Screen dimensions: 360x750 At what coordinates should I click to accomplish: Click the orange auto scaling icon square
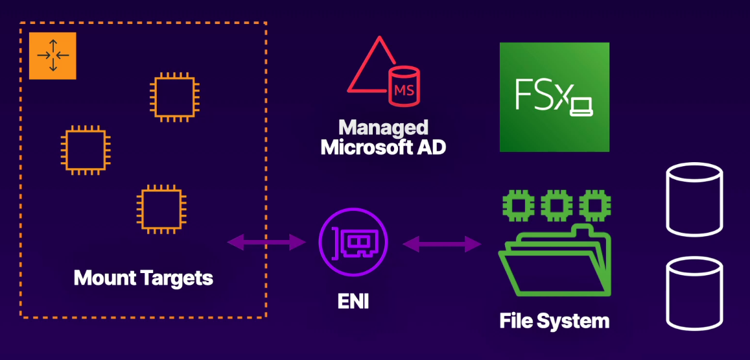(53, 56)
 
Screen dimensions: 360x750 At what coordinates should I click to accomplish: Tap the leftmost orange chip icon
(85, 150)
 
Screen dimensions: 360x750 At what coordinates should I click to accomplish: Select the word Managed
(383, 126)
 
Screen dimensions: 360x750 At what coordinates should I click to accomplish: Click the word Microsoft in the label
(366, 147)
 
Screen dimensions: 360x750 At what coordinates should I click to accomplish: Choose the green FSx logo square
(554, 97)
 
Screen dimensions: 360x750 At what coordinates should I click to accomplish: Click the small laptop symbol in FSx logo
(581, 106)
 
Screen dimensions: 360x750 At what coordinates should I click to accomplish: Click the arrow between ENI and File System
(442, 244)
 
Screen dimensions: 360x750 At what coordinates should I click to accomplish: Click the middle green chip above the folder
(555, 204)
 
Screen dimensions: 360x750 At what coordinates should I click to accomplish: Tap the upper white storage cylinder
(694, 198)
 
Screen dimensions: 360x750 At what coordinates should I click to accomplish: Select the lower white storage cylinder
(694, 293)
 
